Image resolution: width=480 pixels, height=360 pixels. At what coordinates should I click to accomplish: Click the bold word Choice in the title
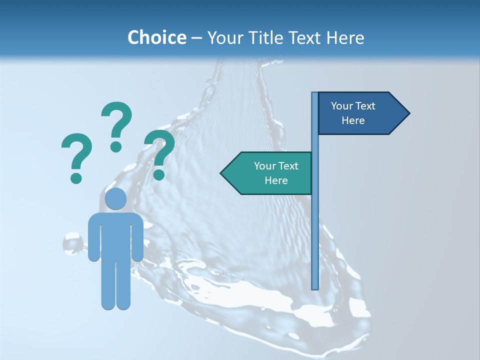(x=156, y=37)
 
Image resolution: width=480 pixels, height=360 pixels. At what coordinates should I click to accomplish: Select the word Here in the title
(x=345, y=37)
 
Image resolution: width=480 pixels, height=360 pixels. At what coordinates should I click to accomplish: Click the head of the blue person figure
(x=115, y=199)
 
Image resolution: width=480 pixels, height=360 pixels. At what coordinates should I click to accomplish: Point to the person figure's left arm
(x=93, y=237)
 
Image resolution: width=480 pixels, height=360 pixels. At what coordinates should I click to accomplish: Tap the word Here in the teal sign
(x=276, y=180)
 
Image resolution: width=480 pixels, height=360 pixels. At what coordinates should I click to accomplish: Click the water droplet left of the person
(x=73, y=244)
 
